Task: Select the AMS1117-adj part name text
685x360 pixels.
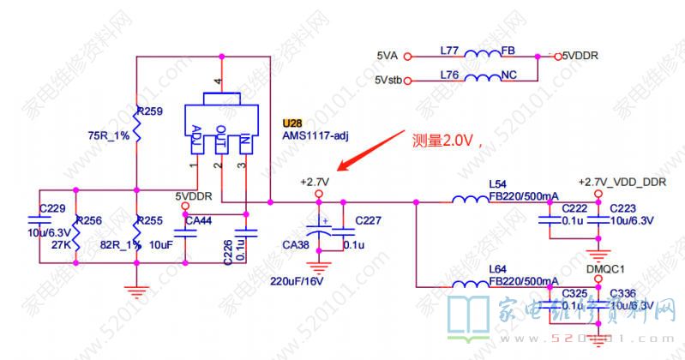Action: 315,136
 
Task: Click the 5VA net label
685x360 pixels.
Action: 387,57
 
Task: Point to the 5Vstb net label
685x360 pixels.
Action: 388,81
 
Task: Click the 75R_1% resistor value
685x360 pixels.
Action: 109,135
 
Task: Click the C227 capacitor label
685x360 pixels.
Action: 368,220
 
